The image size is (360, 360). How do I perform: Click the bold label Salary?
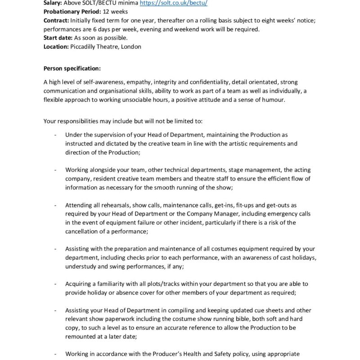coord(53,3)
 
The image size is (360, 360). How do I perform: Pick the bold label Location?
coord(56,46)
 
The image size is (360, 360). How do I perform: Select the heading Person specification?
coord(72,68)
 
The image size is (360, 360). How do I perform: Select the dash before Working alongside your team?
coord(55,170)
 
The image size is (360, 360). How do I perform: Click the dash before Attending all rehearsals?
coord(55,205)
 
